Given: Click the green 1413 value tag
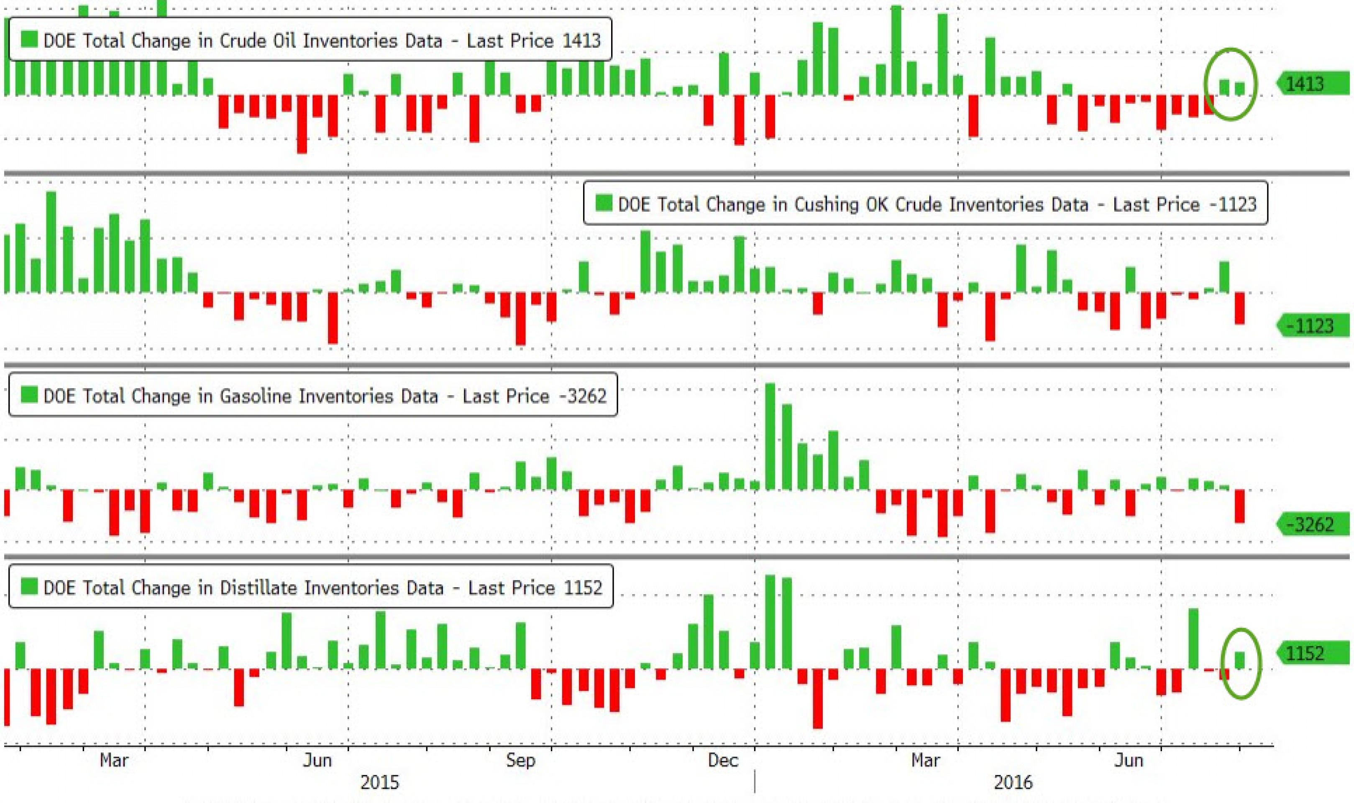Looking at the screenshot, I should [x=1312, y=84].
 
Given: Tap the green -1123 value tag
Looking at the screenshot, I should [x=1312, y=326].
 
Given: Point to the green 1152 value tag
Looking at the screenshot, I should [x=1312, y=653].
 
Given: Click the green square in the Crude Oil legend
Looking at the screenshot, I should [x=29, y=39].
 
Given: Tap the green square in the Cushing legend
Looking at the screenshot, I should [x=604, y=203].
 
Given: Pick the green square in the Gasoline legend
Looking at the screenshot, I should [x=29, y=394].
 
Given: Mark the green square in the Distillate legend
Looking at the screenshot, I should [x=29, y=586].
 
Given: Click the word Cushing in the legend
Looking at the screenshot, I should [x=826, y=205].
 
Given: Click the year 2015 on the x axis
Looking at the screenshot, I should [x=379, y=782].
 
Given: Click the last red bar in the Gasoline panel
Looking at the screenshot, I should [x=1239, y=506].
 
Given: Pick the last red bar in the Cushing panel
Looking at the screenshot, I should [x=1239, y=308].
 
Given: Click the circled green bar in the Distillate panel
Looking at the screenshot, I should [x=1240, y=660].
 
